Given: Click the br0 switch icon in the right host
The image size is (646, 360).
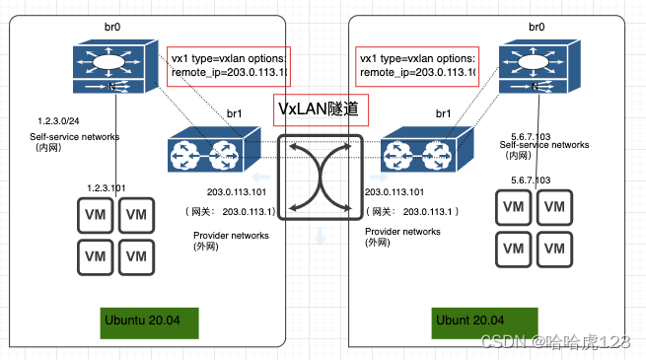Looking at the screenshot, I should tap(540, 69).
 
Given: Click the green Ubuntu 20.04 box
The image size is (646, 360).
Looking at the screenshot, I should tap(158, 322).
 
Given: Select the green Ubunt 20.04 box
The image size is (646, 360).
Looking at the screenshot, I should tap(483, 322).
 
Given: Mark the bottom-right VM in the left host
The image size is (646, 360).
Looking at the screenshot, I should tap(138, 257).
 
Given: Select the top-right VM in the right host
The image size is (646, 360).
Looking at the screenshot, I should tap(555, 206).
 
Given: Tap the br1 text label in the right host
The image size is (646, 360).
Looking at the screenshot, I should tap(432, 116).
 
